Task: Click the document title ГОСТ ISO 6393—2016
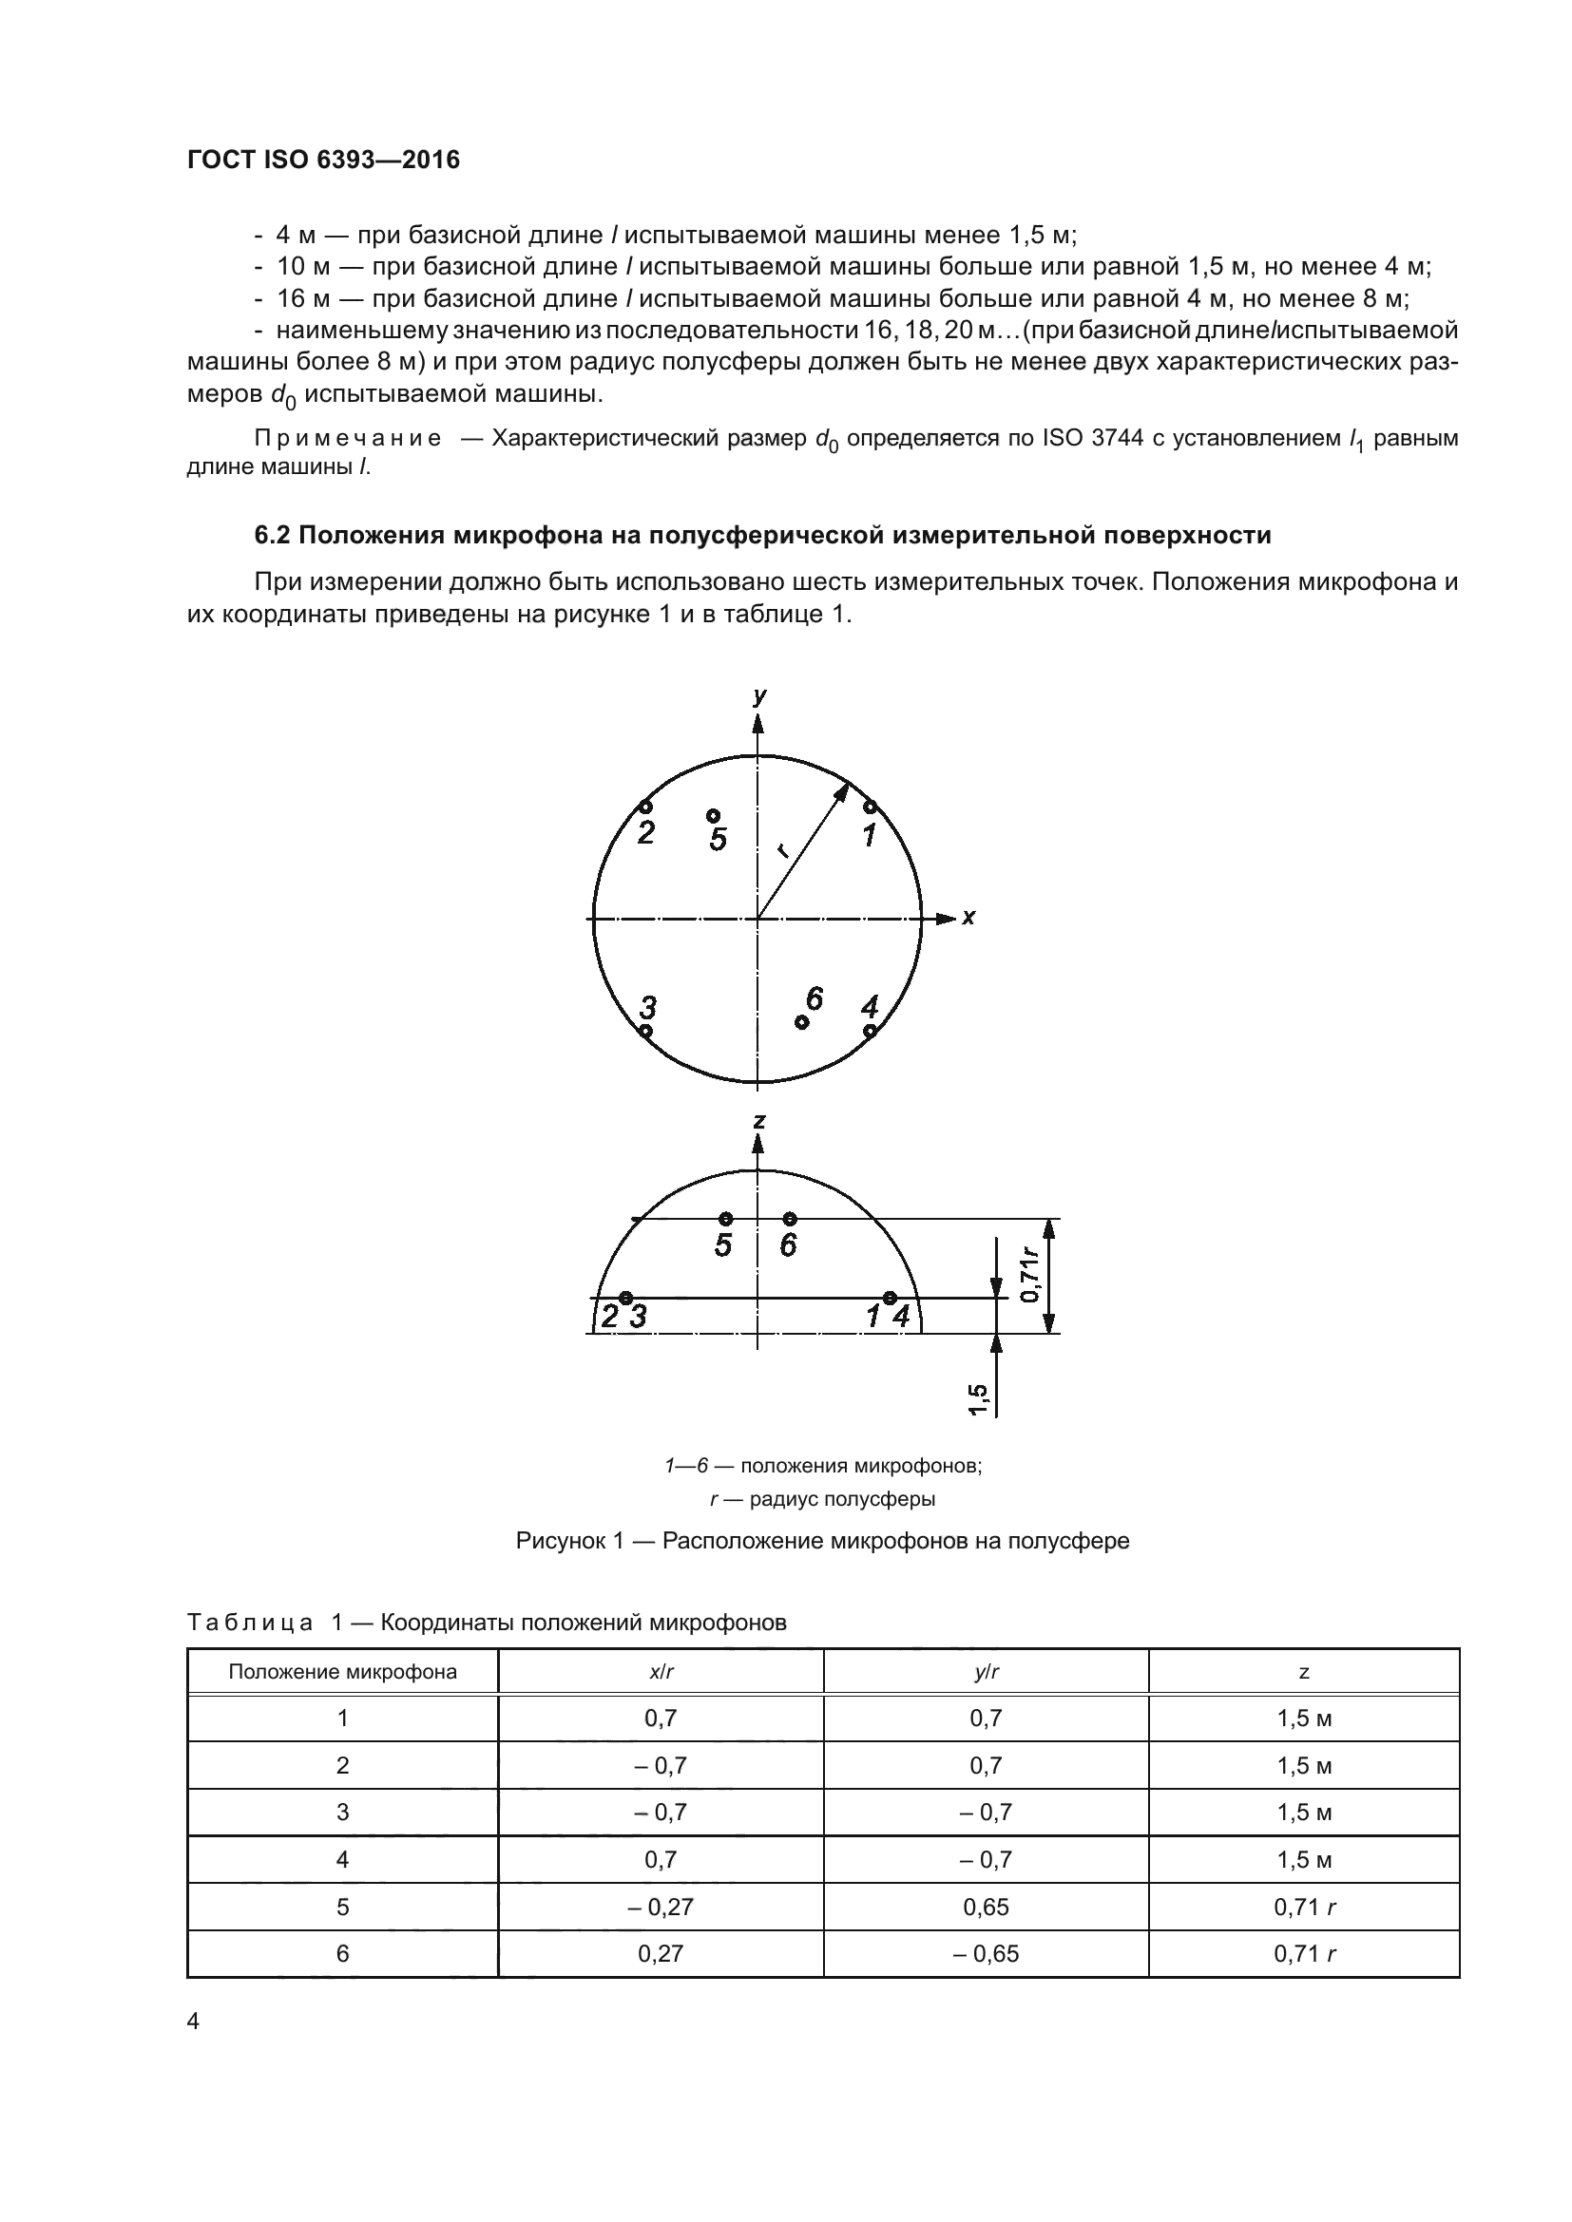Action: tap(323, 160)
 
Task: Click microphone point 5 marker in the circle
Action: tap(713, 815)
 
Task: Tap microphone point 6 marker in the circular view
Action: tap(801, 1022)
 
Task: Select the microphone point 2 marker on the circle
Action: tap(645, 807)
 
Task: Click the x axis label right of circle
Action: tap(968, 917)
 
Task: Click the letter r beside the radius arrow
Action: tap(782, 851)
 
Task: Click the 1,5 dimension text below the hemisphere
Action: tap(978, 1399)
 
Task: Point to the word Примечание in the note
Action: tap(348, 438)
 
